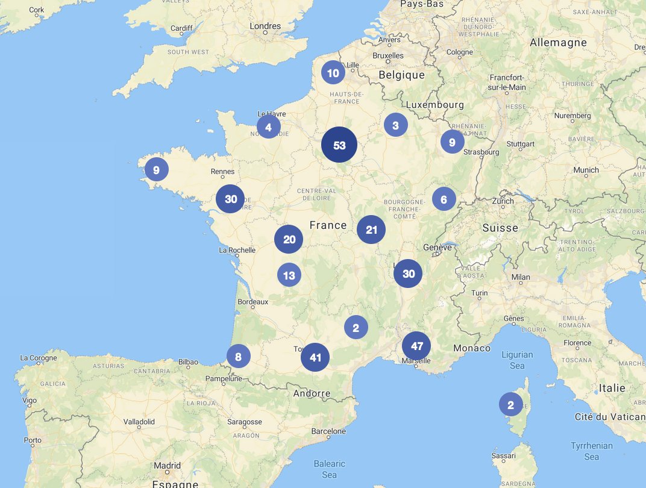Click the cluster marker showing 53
coord(339,145)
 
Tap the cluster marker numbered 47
coord(416,346)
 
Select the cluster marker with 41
coord(315,357)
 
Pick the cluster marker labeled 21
coord(371,230)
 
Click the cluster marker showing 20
coord(289,239)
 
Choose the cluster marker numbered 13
coord(289,275)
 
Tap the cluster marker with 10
coord(333,73)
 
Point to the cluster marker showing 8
coord(238,357)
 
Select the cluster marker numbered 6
coord(444,199)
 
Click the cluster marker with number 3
coord(395,125)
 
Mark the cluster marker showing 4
coord(268,127)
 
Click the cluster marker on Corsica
coord(510,405)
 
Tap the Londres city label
coord(265,26)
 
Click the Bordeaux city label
coord(253,301)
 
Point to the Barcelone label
coord(328,431)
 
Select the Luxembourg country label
coord(435,105)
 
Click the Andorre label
coord(312,393)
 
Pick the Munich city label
coord(586,170)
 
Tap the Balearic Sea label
coord(329,469)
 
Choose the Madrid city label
coord(167,466)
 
